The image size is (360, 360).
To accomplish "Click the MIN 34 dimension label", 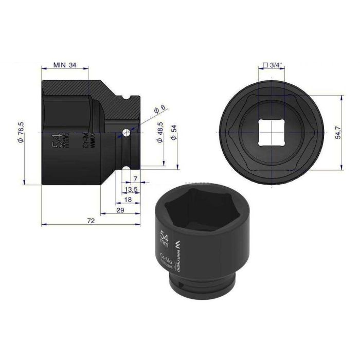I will coord(65,65).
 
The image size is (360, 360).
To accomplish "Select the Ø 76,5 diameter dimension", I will coord(21,133).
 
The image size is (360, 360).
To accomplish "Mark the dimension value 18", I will coord(128,199).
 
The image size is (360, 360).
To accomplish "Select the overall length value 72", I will coord(92,221).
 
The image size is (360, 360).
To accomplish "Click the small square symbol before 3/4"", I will coord(265,65).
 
